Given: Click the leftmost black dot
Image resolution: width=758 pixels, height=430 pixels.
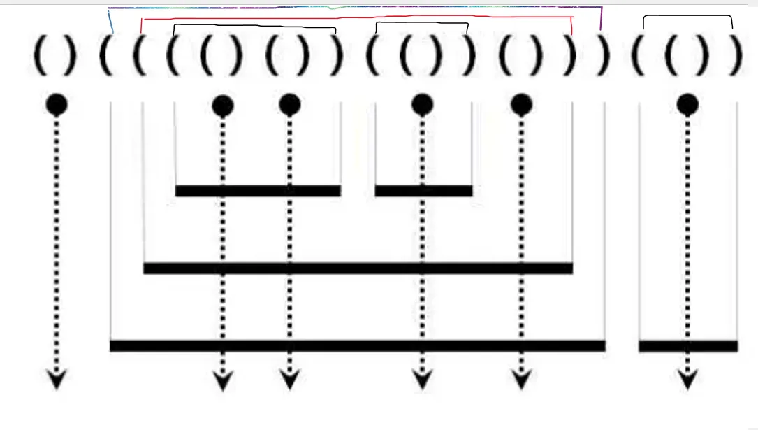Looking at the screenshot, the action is click(57, 105).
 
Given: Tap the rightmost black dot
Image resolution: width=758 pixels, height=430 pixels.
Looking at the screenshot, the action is click(687, 105).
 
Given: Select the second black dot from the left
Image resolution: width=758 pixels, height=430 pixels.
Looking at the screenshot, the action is click(222, 105).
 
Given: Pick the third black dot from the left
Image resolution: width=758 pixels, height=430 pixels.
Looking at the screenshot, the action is click(289, 105).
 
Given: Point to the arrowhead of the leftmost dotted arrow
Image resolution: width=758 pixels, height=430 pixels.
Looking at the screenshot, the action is click(57, 380).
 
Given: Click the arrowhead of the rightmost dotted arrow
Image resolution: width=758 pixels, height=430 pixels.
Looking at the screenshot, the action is click(687, 380).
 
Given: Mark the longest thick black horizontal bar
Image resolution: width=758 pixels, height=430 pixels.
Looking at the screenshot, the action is click(357, 345).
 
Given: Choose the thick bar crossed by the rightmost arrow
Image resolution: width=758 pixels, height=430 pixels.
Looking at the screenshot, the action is click(688, 345).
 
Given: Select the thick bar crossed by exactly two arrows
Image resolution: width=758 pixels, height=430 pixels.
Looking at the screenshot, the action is click(258, 191).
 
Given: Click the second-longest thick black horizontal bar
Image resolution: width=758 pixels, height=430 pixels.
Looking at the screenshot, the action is click(358, 268).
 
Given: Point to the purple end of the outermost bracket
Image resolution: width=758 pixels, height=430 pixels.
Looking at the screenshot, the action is click(602, 17).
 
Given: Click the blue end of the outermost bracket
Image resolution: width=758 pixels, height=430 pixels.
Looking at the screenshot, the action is click(110, 21).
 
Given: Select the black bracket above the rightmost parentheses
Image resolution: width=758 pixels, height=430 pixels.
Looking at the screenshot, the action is click(687, 17).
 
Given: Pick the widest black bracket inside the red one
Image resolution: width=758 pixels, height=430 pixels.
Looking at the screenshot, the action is click(254, 26).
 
